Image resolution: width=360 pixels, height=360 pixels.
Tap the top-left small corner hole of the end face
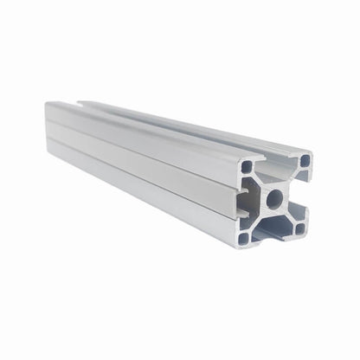[x=247, y=164]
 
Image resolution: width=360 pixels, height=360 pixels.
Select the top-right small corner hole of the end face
[x=304, y=160]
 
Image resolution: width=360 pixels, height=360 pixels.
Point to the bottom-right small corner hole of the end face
[x=300, y=230]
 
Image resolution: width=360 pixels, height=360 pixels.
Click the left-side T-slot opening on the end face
[x=243, y=201]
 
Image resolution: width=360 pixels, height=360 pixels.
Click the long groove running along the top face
[x=173, y=121]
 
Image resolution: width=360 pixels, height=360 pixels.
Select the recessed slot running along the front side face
[x=138, y=156]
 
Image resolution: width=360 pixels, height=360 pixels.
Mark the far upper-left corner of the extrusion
[x=47, y=103]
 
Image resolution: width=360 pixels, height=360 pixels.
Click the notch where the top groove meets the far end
[x=85, y=103]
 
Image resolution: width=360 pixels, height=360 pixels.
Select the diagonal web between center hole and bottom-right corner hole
[x=289, y=216]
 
